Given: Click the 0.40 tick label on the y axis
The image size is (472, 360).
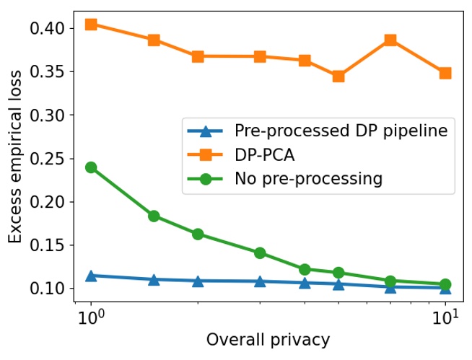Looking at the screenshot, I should click(x=48, y=28).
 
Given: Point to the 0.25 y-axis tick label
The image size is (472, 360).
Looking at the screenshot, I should click(x=48, y=159).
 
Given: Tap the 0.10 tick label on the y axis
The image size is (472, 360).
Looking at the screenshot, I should click(x=48, y=289).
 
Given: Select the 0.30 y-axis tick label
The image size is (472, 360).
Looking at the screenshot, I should click(x=48, y=115).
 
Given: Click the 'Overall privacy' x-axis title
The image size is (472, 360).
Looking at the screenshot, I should click(x=268, y=340).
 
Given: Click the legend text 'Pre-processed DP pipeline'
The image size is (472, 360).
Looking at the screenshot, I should click(x=341, y=131).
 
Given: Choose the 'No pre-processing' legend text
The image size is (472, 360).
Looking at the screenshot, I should click(x=308, y=178).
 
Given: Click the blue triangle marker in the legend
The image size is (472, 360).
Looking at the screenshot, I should click(x=206, y=131).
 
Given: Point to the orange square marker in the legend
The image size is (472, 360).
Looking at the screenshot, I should click(x=206, y=154).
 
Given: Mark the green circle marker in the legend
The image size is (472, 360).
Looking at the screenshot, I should click(x=206, y=178).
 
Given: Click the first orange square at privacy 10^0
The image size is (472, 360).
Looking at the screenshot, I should click(x=91, y=25).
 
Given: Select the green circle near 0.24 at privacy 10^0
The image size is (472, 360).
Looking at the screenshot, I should click(x=91, y=167).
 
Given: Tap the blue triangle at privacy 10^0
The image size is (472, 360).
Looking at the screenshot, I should click(x=91, y=276).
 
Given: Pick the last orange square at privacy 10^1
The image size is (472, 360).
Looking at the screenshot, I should click(x=445, y=73).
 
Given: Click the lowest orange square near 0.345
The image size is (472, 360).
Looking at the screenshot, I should click(x=338, y=76).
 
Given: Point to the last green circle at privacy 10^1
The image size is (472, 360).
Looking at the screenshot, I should click(x=445, y=284).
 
